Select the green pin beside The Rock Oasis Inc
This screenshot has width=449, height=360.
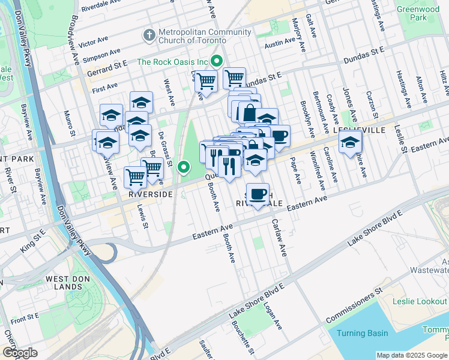(217, 61)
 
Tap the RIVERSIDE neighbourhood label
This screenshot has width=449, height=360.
(151, 194)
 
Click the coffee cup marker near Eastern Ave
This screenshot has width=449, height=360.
(258, 194)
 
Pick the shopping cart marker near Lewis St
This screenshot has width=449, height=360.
(136, 178)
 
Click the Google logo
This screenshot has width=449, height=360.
(19, 353)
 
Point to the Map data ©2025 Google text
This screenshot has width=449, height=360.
(412, 355)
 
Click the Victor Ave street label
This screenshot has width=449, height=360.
(93, 43)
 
